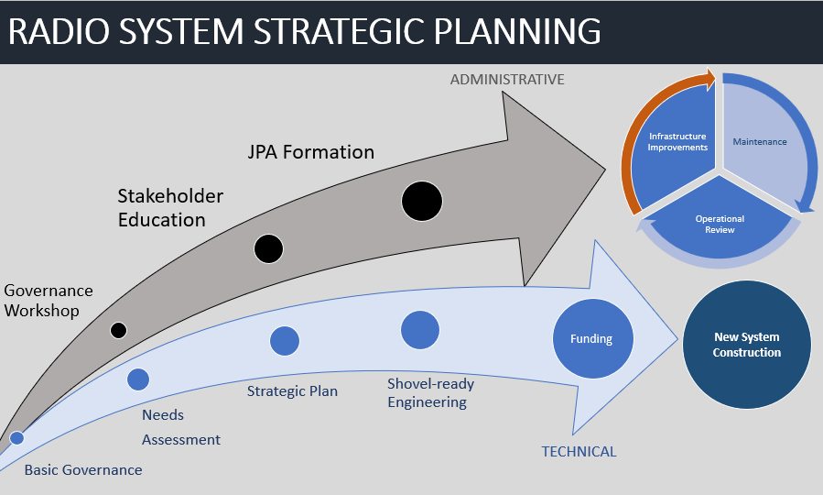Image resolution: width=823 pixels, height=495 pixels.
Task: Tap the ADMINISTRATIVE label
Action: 507,80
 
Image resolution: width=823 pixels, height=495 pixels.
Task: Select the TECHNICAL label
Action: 579,451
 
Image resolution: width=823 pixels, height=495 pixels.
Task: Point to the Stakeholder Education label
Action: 170,208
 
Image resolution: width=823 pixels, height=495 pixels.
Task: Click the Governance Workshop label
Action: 49,301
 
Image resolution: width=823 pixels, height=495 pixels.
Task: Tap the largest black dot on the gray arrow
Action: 422,201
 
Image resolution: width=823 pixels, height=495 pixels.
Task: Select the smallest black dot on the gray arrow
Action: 118,330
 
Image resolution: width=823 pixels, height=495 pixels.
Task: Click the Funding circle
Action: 591,339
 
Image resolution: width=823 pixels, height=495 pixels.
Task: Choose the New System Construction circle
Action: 747,345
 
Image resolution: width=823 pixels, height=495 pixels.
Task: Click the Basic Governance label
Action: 83,470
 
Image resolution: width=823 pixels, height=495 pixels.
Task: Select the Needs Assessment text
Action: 180,427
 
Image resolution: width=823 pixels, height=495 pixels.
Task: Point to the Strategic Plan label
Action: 292,391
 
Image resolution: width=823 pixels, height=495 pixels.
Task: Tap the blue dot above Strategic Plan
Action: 285,341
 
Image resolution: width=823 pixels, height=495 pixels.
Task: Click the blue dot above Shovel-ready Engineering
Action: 420,330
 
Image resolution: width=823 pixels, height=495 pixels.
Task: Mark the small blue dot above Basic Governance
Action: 16,438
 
